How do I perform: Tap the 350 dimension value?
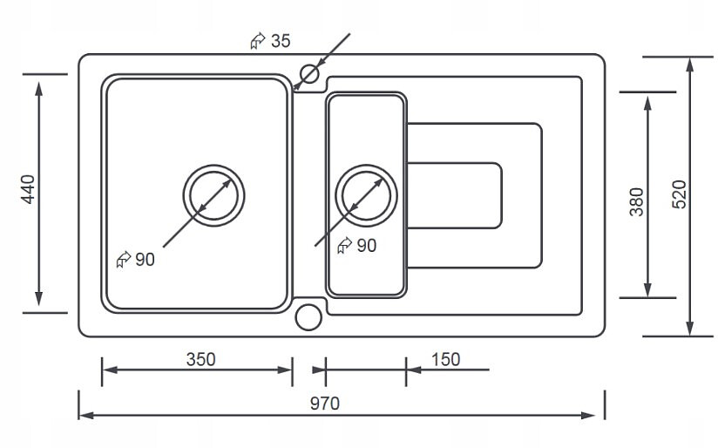[x=200, y=358]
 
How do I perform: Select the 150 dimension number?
[x=445, y=358]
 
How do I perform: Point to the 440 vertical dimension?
[x=28, y=190]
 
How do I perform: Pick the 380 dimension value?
[x=637, y=201]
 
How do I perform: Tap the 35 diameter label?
[x=281, y=40]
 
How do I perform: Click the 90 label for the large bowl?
[x=145, y=259]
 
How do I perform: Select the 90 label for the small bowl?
[x=367, y=246]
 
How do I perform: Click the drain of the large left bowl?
[x=213, y=194]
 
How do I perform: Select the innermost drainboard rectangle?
[x=454, y=194]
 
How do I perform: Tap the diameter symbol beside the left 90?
[x=123, y=259]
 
